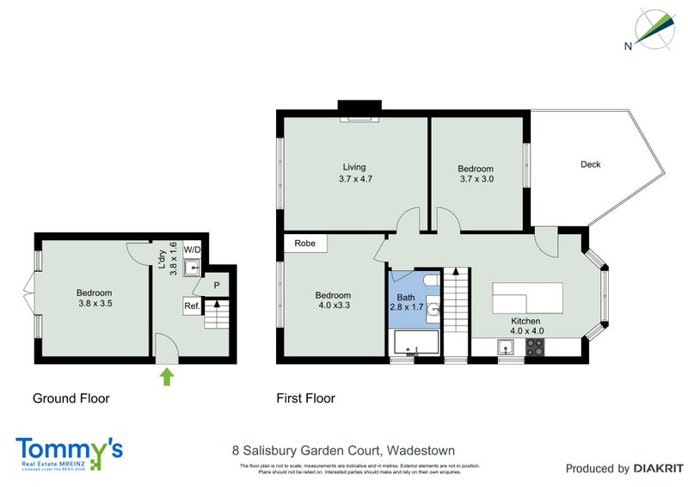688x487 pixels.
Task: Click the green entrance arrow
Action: click(x=167, y=375)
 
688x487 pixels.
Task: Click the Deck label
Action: click(x=590, y=164)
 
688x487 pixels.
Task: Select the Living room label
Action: click(x=354, y=173)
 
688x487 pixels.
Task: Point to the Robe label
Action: click(x=304, y=243)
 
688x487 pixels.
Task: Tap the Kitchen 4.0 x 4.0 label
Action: click(x=526, y=324)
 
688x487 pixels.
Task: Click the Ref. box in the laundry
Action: click(x=192, y=305)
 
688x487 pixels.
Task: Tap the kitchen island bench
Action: click(x=526, y=299)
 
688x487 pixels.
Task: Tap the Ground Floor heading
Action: click(x=71, y=398)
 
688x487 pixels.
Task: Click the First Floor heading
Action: click(x=305, y=398)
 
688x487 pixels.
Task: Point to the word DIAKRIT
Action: click(x=657, y=469)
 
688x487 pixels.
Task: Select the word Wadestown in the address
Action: click(x=421, y=450)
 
